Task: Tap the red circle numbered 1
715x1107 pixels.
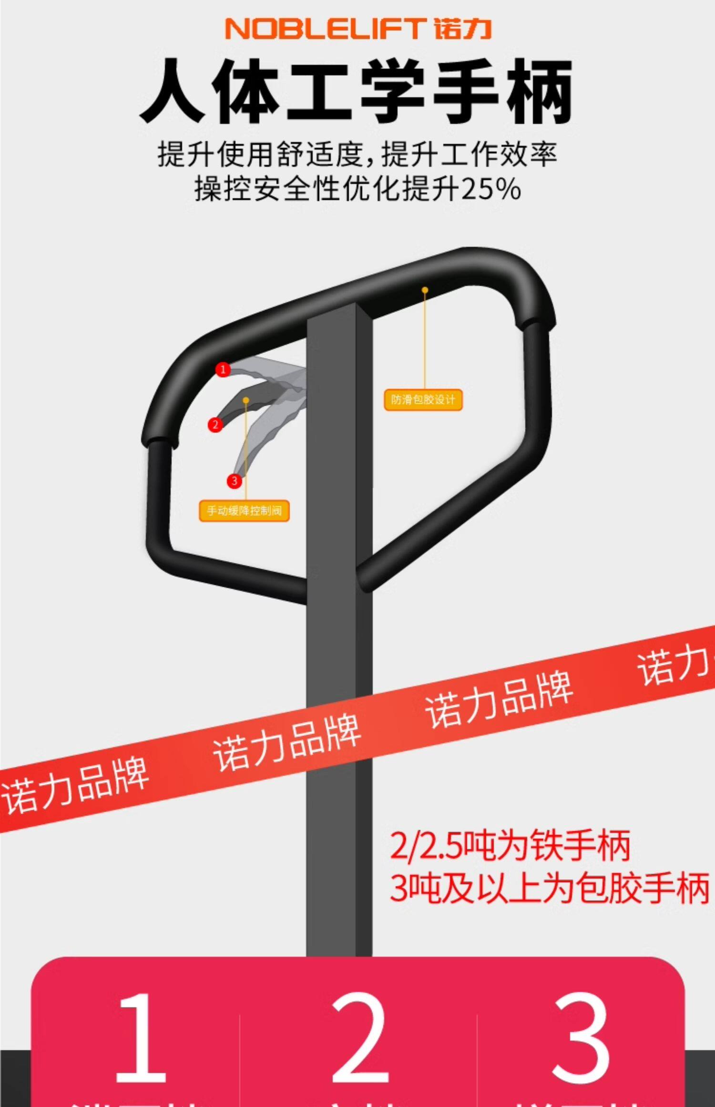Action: pos(223,369)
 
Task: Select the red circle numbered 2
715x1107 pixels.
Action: pos(215,425)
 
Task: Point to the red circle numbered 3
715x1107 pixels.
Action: pos(234,481)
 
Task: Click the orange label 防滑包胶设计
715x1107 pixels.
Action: pos(423,400)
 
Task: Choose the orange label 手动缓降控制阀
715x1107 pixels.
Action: pos(244,511)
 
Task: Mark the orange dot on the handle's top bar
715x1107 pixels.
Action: pos(425,290)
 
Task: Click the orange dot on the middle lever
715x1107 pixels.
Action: pos(245,400)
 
